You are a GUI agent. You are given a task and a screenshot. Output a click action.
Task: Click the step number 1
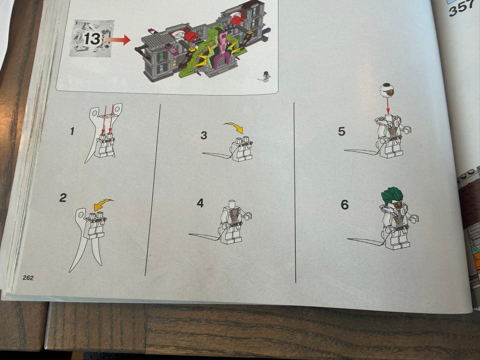(72, 131)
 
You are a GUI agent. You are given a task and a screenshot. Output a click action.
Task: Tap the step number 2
(63, 197)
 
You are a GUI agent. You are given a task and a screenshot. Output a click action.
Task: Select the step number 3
(204, 135)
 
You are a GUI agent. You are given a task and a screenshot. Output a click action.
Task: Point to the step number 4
(200, 202)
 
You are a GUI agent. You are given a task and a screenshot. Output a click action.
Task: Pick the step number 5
(341, 131)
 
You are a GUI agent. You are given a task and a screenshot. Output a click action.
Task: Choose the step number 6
(344, 204)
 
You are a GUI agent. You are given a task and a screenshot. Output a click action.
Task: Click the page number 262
(28, 277)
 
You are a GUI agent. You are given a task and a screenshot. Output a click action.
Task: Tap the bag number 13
(92, 39)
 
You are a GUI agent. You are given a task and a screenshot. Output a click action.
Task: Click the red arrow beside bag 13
(117, 40)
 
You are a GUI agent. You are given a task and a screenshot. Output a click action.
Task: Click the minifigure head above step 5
(386, 89)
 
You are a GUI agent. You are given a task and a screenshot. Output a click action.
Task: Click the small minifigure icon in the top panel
(265, 76)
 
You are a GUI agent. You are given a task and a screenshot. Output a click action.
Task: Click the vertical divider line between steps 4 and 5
(294, 192)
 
